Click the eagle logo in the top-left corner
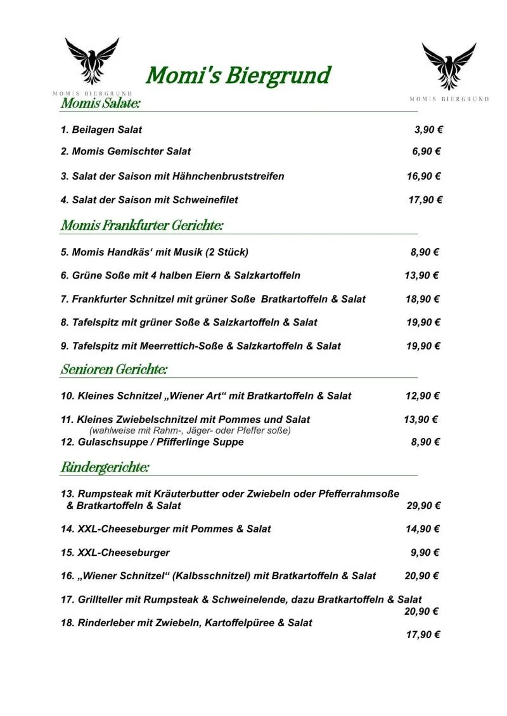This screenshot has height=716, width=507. (92, 61)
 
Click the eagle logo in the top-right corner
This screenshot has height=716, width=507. (449, 66)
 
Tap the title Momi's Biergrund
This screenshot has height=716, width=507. (238, 75)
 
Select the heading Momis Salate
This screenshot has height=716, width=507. (100, 103)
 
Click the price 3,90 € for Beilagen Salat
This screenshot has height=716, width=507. (428, 130)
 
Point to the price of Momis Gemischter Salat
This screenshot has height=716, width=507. (427, 151)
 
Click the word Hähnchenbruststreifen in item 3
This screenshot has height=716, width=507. (235, 176)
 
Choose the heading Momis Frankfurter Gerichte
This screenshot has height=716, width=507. (142, 225)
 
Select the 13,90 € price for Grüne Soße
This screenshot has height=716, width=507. (421, 275)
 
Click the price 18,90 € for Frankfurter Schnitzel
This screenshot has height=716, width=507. (423, 299)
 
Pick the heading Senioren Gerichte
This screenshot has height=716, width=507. (114, 369)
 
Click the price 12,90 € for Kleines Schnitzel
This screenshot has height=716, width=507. (423, 396)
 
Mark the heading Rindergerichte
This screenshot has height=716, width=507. (105, 468)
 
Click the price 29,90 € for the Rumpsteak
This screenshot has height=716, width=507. (423, 505)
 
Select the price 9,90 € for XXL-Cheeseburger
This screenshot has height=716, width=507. (425, 552)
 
